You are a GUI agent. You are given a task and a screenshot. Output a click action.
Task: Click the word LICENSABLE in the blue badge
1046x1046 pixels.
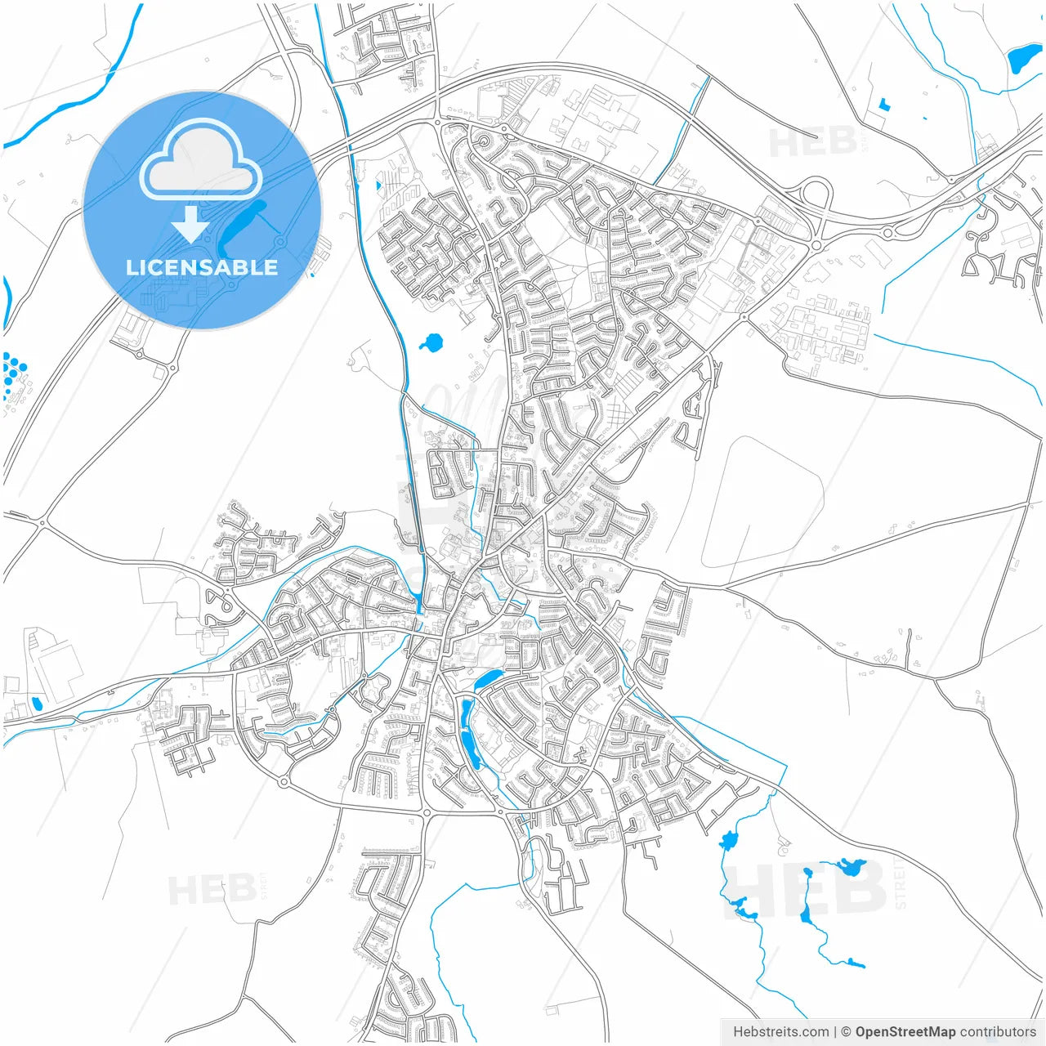tap(202, 267)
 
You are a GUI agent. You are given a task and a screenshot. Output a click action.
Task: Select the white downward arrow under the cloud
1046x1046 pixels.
tap(190, 224)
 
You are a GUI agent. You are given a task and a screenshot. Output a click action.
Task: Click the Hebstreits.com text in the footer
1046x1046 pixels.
tap(780, 1032)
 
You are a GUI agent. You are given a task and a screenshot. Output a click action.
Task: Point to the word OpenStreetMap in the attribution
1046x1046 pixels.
tap(905, 1032)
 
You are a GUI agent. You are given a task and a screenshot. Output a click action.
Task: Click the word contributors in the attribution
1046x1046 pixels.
tap(997, 1032)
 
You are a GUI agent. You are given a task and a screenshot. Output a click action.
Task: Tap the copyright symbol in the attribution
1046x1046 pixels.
tap(846, 1032)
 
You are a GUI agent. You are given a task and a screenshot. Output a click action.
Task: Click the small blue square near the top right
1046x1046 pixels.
tap(883, 104)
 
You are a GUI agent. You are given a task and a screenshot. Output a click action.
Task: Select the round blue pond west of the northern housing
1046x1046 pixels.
tap(431, 342)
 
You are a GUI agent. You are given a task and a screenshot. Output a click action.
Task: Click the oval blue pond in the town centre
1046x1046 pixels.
tap(489, 679)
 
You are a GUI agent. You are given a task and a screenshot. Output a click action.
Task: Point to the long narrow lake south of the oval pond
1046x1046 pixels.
tap(468, 735)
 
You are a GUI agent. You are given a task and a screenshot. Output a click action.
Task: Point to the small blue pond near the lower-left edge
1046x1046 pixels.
tap(36, 704)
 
